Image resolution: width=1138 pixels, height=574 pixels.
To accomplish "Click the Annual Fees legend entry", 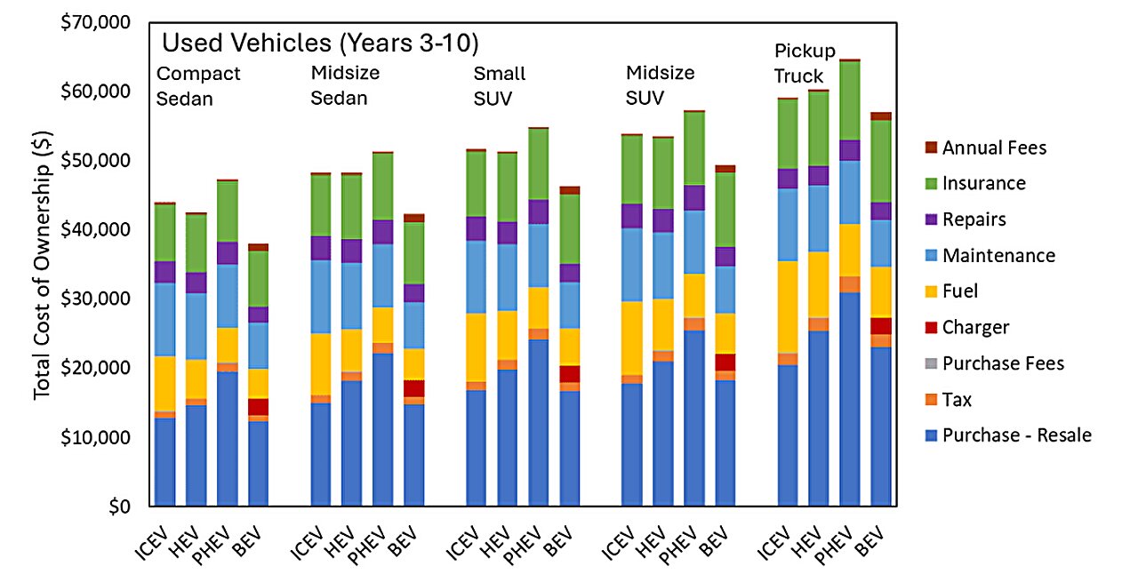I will (994, 147).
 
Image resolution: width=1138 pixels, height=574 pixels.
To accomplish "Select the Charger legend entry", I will (975, 327).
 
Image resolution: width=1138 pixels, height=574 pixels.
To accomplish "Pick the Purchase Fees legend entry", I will (1003, 363).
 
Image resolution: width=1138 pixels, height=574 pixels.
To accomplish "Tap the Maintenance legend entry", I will (998, 255).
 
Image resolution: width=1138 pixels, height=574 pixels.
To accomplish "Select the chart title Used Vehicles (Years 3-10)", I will (321, 43).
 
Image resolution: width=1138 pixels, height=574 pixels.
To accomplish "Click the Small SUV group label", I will (499, 85).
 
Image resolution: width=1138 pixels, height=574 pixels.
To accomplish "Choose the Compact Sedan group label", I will (197, 85).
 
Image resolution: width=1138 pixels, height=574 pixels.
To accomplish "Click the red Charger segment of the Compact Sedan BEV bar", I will (258, 407).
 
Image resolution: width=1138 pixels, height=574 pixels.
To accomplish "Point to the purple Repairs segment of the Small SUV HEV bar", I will (508, 233).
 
